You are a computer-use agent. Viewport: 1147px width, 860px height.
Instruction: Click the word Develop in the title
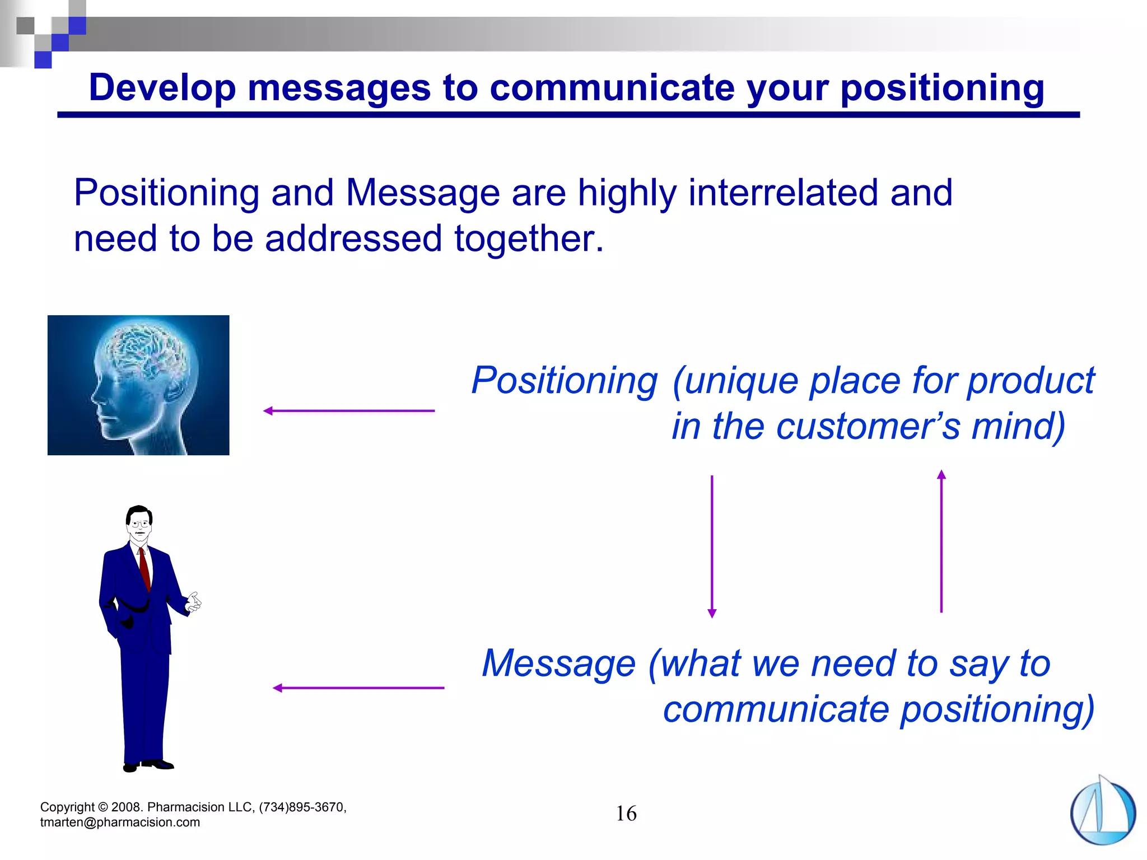[x=162, y=88]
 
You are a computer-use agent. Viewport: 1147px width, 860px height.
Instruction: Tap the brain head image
[x=138, y=385]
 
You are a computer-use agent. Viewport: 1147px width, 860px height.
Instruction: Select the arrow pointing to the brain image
[x=348, y=411]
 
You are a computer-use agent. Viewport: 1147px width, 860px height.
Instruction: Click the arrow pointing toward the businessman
[x=358, y=688]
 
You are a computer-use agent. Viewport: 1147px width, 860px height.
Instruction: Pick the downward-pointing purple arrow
[x=712, y=546]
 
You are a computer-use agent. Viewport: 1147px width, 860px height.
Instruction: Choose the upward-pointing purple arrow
[x=941, y=541]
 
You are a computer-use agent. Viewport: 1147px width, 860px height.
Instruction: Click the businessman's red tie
[x=145, y=568]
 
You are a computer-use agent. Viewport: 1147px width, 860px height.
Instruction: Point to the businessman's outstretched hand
[x=194, y=602]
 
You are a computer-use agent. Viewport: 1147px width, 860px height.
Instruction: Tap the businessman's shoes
[x=149, y=765]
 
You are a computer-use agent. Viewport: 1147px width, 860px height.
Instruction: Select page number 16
[x=626, y=814]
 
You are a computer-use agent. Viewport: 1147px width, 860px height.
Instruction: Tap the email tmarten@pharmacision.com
[x=120, y=822]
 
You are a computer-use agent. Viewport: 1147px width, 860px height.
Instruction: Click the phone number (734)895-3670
[x=302, y=807]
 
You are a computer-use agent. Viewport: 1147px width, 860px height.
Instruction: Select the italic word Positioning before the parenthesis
[x=564, y=381]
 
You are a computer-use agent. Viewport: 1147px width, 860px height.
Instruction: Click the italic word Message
[x=558, y=663]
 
